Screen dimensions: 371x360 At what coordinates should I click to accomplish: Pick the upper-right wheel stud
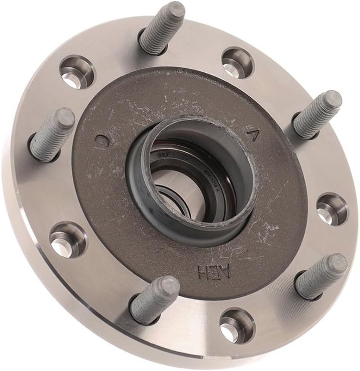(318, 114)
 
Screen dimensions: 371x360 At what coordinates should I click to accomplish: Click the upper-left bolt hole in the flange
(77, 72)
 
